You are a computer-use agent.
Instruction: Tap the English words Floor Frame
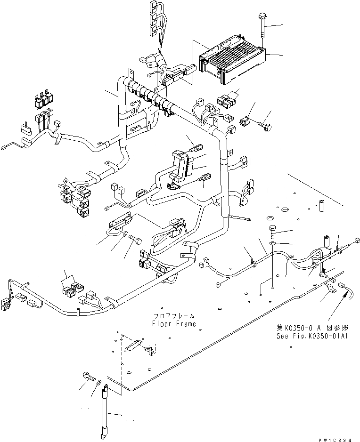[x=173, y=324]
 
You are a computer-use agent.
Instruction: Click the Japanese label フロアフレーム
[x=173, y=316]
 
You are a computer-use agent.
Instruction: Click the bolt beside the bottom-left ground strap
[x=89, y=377]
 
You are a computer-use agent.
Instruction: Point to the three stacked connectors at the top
[x=152, y=20]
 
